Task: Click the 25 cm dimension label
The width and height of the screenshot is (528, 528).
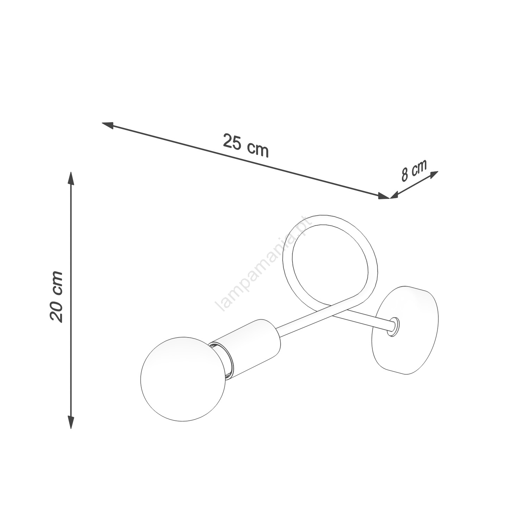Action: click(x=246, y=145)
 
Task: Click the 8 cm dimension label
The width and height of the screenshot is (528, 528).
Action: click(x=414, y=170)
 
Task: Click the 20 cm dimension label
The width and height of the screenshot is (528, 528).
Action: click(x=56, y=296)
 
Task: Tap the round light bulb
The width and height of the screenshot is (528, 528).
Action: click(x=183, y=378)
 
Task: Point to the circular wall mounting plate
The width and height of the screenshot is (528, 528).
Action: click(x=408, y=330)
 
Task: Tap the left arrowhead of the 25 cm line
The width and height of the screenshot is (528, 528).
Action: click(x=107, y=125)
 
